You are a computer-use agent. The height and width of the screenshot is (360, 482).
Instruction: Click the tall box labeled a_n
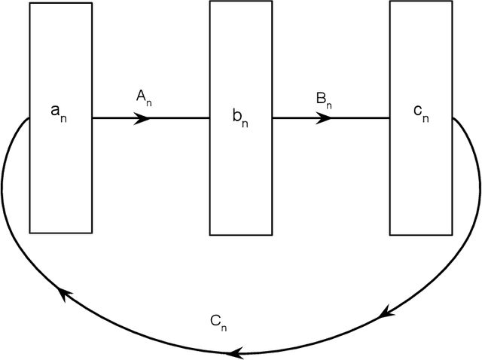(61, 173)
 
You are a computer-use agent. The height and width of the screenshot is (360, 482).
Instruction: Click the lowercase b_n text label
(239, 119)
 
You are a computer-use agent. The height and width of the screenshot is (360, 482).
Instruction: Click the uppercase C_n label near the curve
(219, 323)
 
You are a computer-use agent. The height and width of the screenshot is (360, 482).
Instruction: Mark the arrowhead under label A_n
(143, 117)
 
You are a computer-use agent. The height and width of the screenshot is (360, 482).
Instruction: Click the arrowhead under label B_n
(325, 117)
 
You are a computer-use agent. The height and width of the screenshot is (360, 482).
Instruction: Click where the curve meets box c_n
(452, 118)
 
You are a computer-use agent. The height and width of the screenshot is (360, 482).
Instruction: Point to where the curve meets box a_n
(29, 118)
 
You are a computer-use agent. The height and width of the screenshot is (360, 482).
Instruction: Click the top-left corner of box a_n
(30, 3)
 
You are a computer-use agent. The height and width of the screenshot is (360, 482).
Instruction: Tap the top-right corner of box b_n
(272, 2)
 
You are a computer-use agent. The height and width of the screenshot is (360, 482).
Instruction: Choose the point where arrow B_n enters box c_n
(389, 117)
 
